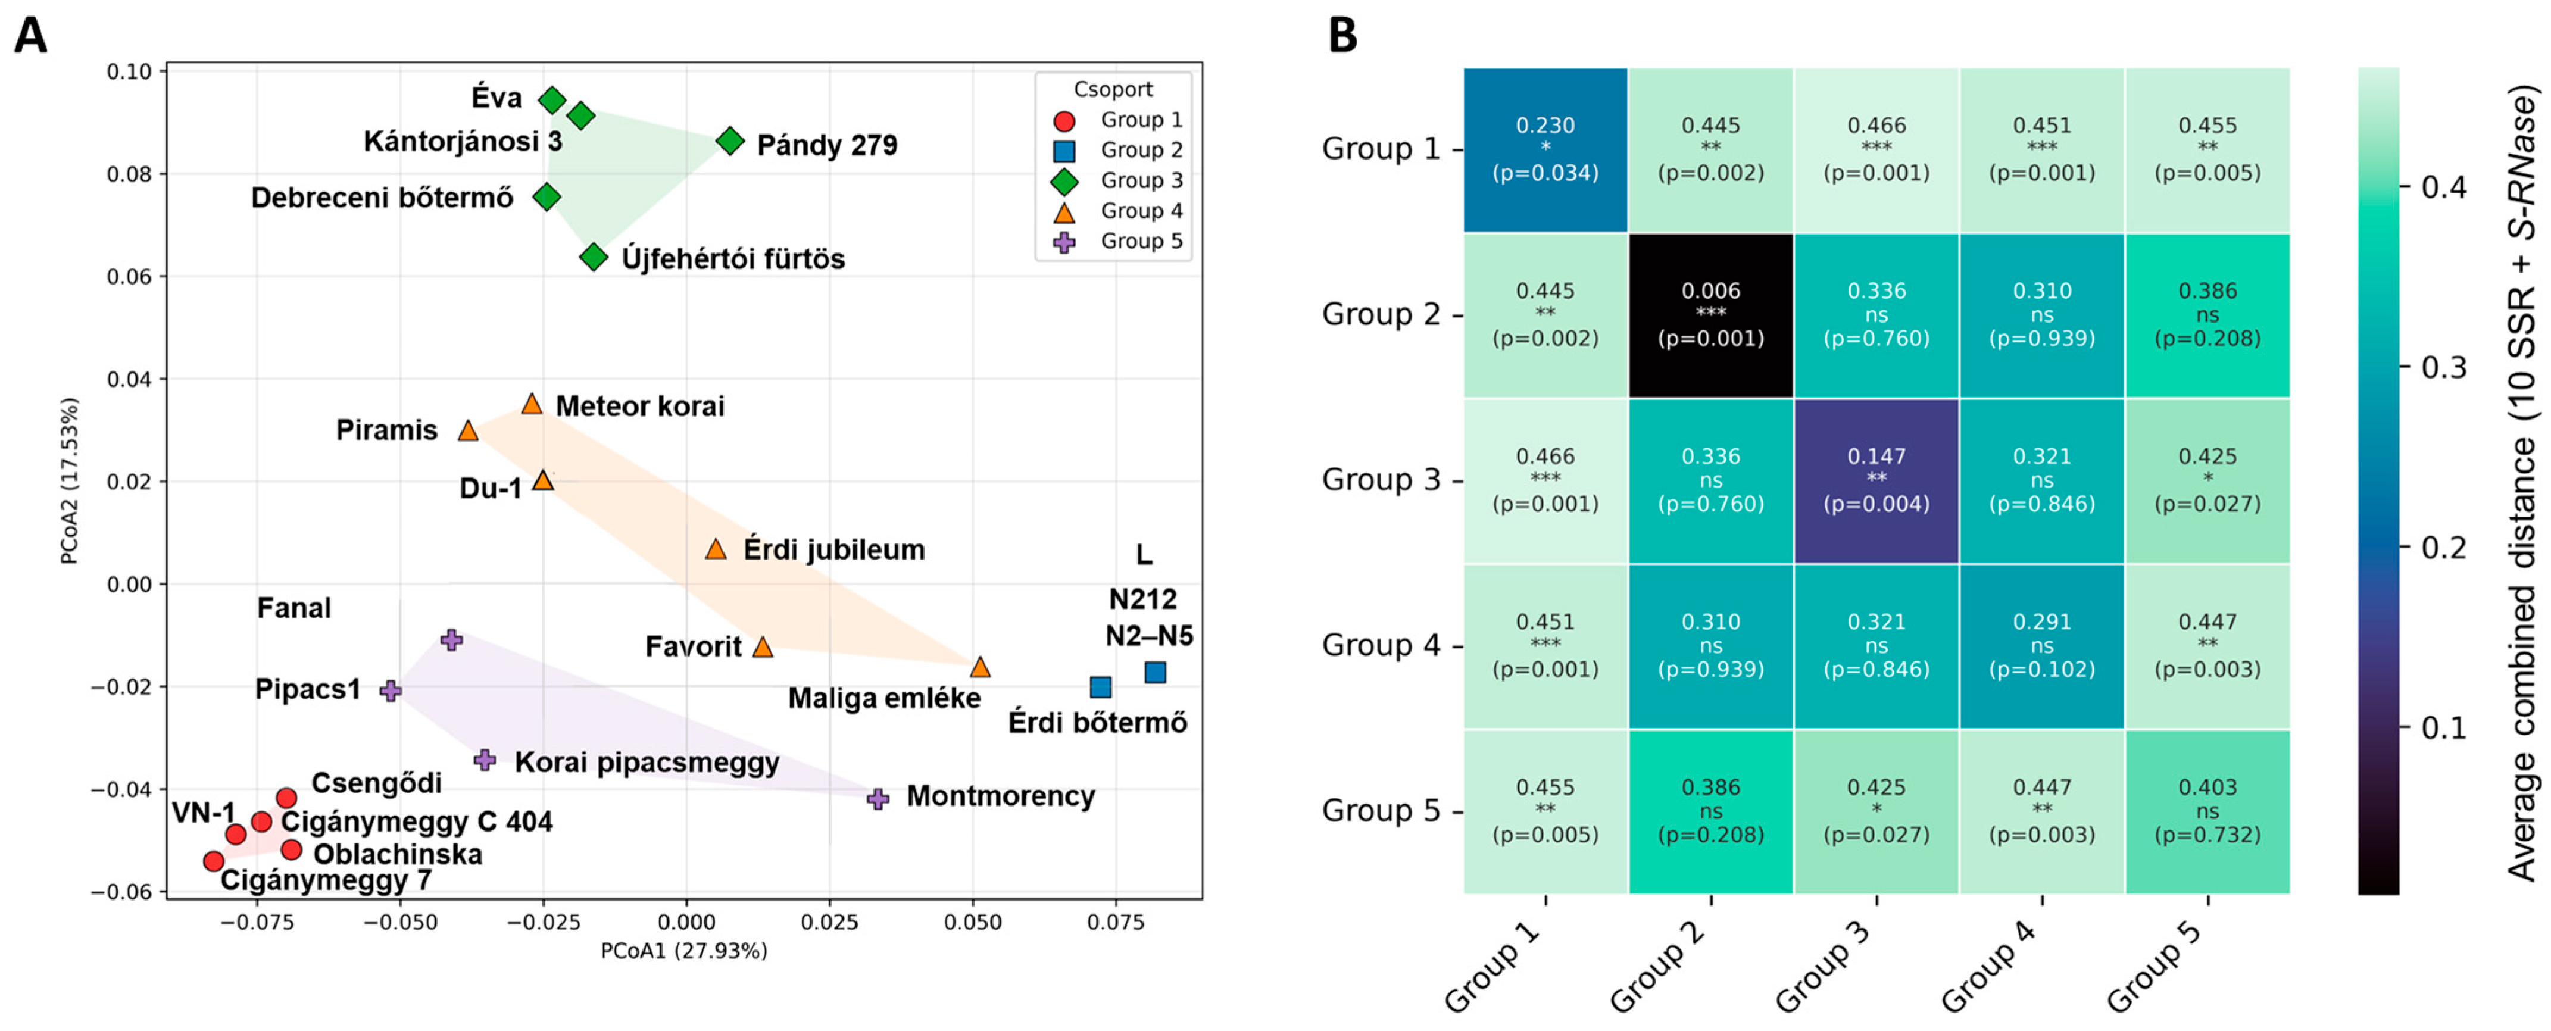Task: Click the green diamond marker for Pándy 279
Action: click(x=730, y=142)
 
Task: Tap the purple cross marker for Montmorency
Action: click(x=878, y=798)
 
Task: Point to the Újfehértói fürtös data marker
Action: click(x=593, y=258)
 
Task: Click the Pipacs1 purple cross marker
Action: click(x=391, y=691)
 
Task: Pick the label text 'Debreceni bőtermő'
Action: click(x=382, y=198)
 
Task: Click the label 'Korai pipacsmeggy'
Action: click(x=648, y=763)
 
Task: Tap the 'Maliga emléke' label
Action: click(x=884, y=698)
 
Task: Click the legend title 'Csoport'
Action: click(x=1113, y=89)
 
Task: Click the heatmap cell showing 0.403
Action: click(x=2207, y=812)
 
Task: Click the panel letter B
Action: click(x=1343, y=37)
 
